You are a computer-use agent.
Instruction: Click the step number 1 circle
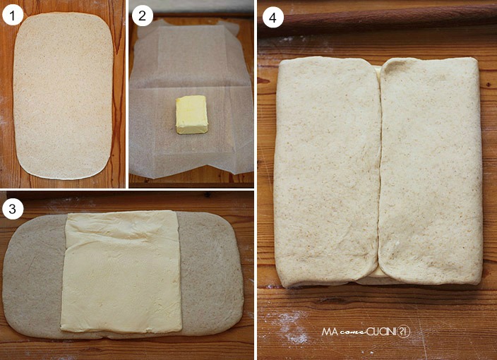(13, 15)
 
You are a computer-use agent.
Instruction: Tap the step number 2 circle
(143, 16)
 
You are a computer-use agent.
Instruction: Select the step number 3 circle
(13, 209)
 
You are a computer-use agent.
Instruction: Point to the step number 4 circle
(273, 18)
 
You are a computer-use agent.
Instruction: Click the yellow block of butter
(192, 114)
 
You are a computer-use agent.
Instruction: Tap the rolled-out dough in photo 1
(63, 96)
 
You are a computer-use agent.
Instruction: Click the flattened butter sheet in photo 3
(121, 272)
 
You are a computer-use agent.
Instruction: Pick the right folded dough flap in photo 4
(431, 171)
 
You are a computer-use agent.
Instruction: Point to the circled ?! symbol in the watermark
(403, 332)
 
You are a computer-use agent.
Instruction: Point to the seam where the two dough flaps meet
(379, 171)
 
